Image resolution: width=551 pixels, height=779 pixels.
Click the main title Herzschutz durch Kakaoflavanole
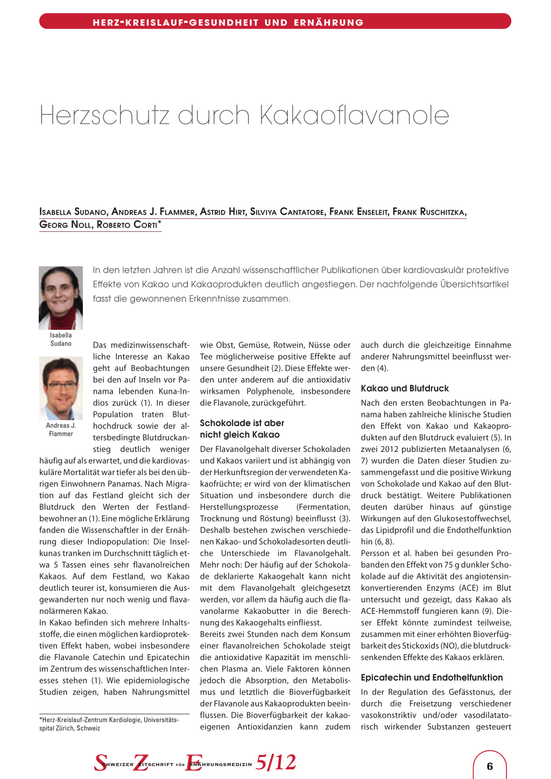pyautogui.click(x=244, y=115)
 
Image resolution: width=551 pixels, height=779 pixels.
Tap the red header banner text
pyautogui.click(x=228, y=23)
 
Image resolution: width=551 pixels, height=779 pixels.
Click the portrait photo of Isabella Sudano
pyautogui.click(x=61, y=298)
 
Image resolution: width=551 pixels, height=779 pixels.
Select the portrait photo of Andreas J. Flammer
pyautogui.click(x=61, y=388)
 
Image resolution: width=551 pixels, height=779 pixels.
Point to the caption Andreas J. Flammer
pyautogui.click(x=61, y=429)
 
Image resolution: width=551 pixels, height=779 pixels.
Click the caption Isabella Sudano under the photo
pyautogui.click(x=61, y=339)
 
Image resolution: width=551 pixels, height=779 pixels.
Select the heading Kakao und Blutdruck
pyautogui.click(x=405, y=388)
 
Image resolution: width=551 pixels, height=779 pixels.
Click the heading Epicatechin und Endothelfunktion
pyautogui.click(x=432, y=678)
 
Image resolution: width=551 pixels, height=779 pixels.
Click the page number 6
pyautogui.click(x=490, y=767)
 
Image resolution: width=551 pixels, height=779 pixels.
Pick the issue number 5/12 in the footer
pyautogui.click(x=276, y=762)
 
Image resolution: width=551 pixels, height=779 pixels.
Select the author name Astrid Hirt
pyautogui.click(x=223, y=212)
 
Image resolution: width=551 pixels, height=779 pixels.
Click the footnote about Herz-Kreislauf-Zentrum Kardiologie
pyautogui.click(x=109, y=724)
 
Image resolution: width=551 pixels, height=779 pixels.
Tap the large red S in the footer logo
pyautogui.click(x=101, y=762)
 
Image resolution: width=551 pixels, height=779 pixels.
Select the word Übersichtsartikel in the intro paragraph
pyautogui.click(x=474, y=284)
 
